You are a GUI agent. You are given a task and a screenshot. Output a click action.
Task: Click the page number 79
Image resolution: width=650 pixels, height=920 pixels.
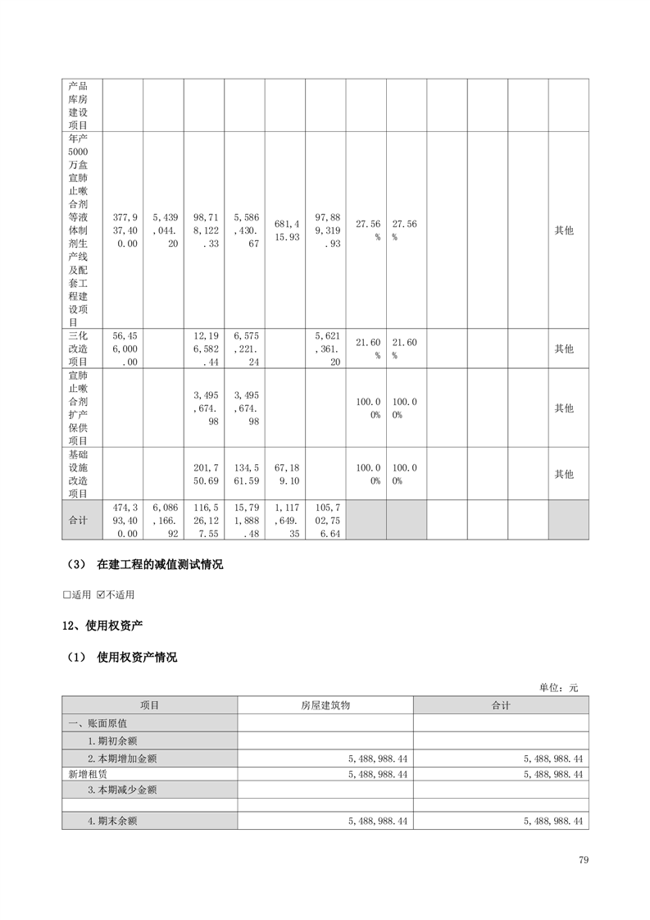tap(583, 859)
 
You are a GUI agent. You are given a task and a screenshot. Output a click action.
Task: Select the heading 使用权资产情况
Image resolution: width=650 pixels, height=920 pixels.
tap(137, 657)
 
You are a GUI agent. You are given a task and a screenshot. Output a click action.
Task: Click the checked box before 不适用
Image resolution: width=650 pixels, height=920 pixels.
tap(101, 594)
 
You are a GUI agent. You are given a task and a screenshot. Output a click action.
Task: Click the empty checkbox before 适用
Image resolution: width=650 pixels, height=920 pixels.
tap(67, 594)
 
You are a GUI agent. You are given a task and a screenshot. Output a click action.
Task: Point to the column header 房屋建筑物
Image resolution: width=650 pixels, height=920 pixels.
tap(325, 705)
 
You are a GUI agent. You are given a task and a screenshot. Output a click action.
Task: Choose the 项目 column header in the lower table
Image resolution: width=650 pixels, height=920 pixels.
tap(149, 705)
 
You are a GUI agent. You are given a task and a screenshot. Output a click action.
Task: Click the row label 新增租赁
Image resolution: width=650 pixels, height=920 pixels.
tap(86, 773)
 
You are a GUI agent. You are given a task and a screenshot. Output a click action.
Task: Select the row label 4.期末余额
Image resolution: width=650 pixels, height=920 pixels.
tap(111, 820)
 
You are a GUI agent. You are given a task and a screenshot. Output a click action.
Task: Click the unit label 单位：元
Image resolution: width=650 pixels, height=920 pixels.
tap(558, 687)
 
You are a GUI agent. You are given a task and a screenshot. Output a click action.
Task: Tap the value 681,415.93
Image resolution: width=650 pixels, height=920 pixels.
tap(284, 230)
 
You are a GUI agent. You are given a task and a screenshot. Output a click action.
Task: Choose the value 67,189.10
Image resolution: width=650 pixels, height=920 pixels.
tap(284, 474)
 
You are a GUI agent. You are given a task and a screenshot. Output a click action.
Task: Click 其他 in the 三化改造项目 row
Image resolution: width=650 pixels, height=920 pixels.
tap(564, 348)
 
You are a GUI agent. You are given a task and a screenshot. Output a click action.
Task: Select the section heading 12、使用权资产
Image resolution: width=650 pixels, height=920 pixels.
tap(102, 626)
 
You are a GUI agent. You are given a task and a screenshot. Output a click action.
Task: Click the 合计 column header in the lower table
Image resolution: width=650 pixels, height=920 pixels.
tap(500, 705)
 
